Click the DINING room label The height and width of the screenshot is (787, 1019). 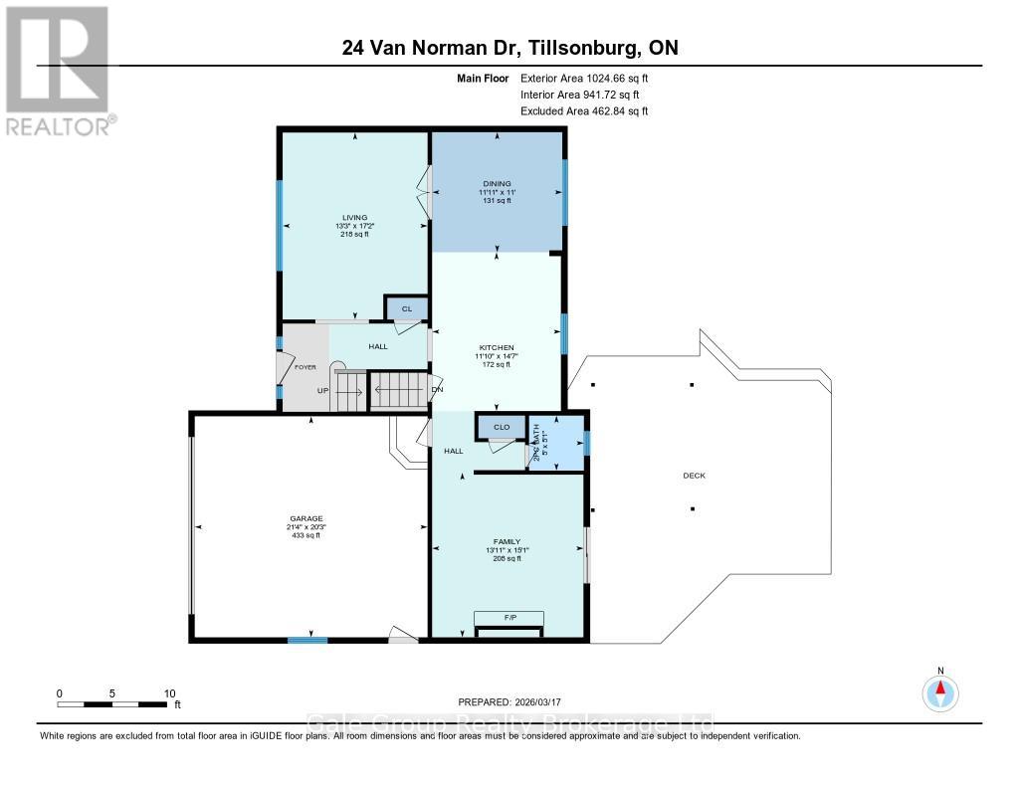pyautogui.click(x=497, y=184)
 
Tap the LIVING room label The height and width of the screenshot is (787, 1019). pyautogui.click(x=354, y=217)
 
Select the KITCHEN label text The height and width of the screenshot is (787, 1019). pyautogui.click(x=496, y=347)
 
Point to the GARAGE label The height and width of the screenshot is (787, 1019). pyautogui.click(x=306, y=518)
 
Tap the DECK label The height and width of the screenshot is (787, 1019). pyautogui.click(x=694, y=476)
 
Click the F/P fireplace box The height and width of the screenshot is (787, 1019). pyautogui.click(x=509, y=618)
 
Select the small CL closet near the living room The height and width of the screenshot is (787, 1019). pyautogui.click(x=406, y=309)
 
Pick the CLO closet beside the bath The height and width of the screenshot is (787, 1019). pyautogui.click(x=502, y=427)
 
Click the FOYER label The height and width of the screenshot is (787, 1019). pyautogui.click(x=305, y=367)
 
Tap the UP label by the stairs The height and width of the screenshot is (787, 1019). pyautogui.click(x=322, y=391)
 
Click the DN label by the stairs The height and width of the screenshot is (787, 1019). pyautogui.click(x=437, y=389)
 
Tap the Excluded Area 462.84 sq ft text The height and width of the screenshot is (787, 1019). pyautogui.click(x=584, y=111)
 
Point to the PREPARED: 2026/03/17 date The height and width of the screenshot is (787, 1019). pyautogui.click(x=516, y=701)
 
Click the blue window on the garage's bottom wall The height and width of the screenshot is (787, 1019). pyautogui.click(x=307, y=640)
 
